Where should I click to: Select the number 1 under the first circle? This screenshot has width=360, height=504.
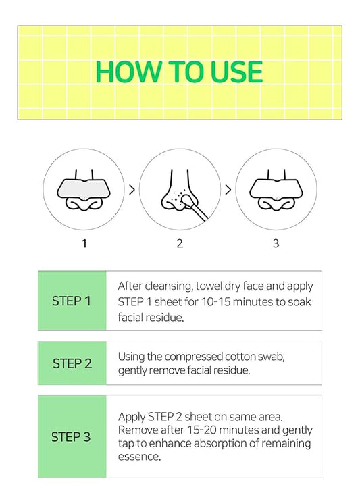(x=84, y=243)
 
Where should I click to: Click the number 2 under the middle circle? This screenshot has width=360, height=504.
(x=180, y=243)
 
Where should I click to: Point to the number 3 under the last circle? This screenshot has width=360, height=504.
(x=276, y=243)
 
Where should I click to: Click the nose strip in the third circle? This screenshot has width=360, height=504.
(x=275, y=187)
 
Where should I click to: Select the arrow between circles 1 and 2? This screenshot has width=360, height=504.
(x=132, y=190)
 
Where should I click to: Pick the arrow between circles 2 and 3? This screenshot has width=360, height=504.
(x=228, y=190)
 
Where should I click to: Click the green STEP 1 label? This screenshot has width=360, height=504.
(x=71, y=301)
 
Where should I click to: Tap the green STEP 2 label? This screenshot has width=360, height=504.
(x=72, y=363)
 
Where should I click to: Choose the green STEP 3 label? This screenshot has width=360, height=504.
(x=71, y=437)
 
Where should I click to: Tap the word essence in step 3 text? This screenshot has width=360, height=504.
(x=138, y=457)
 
